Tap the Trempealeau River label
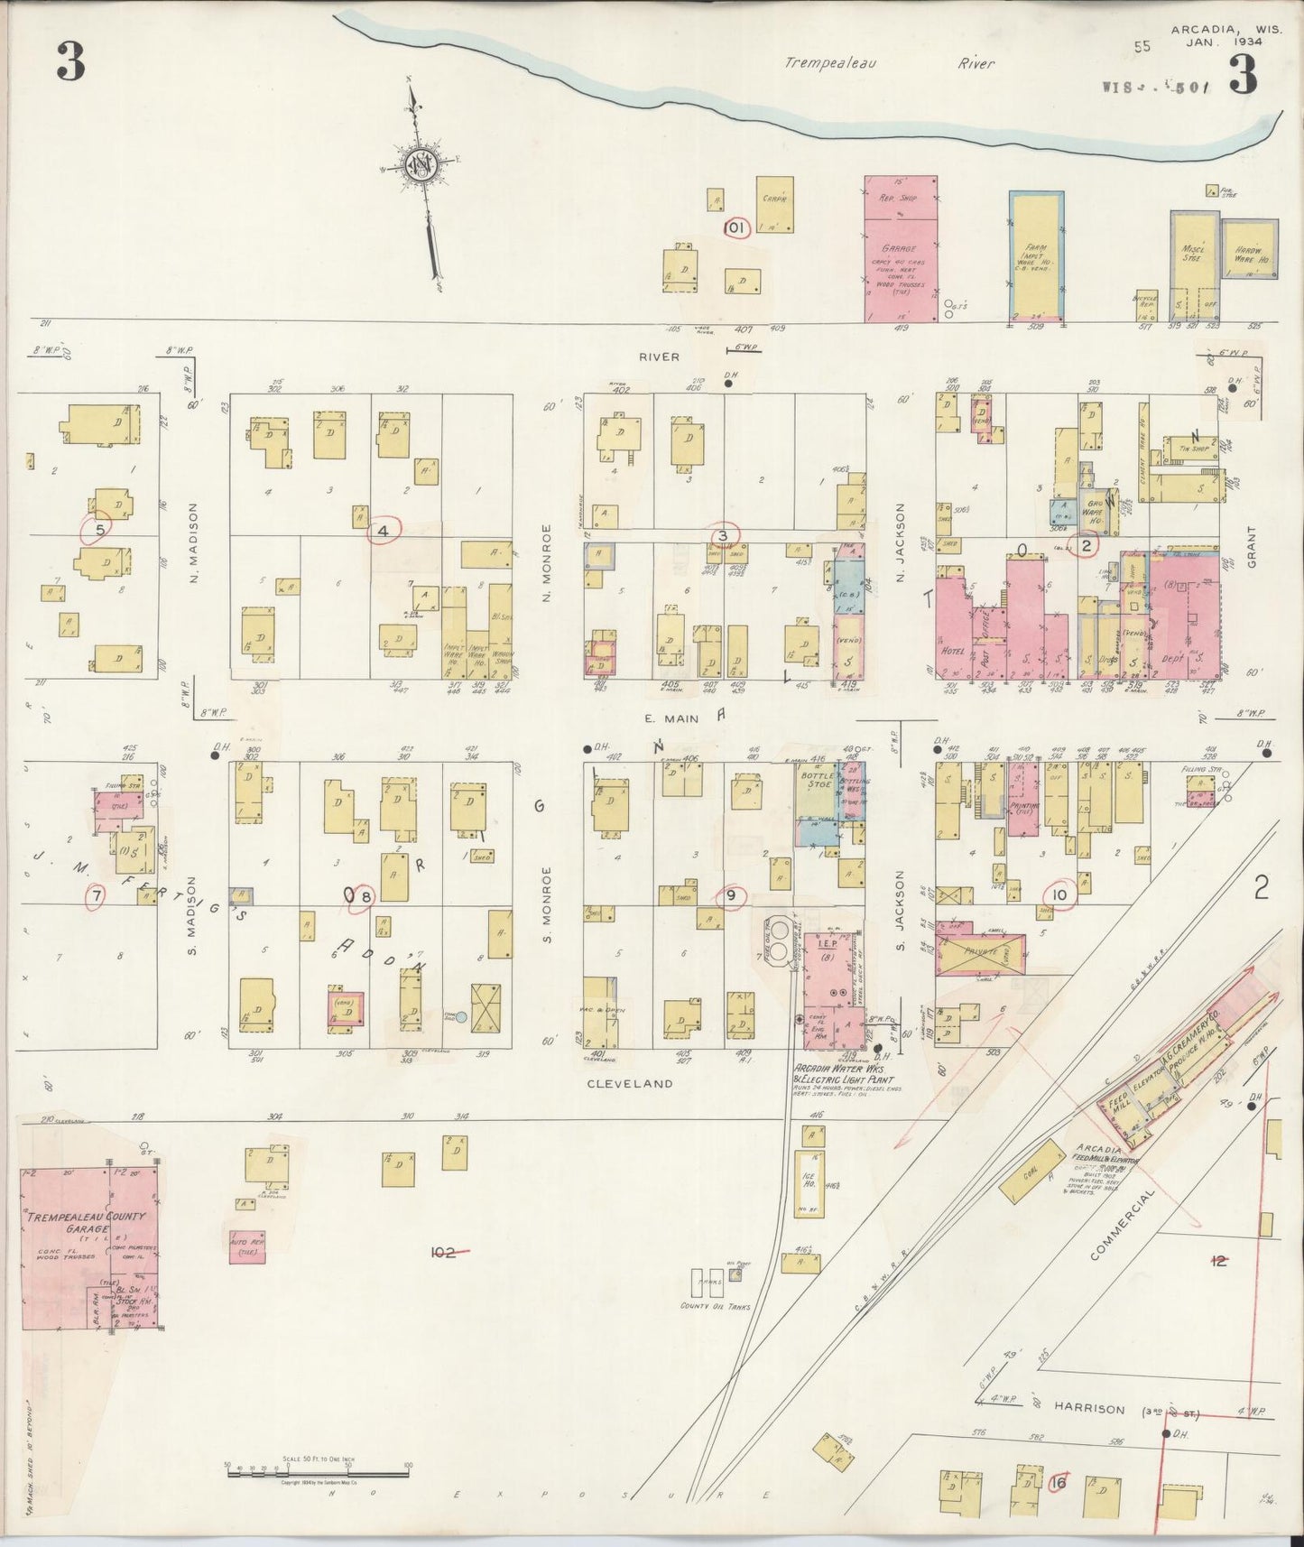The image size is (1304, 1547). pos(889,63)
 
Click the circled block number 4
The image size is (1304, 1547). pos(384,532)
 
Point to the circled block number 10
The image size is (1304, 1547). pos(1059,894)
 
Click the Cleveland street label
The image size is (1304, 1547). pos(629,1083)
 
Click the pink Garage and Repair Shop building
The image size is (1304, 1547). pos(900,248)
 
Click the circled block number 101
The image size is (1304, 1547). pos(736,228)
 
